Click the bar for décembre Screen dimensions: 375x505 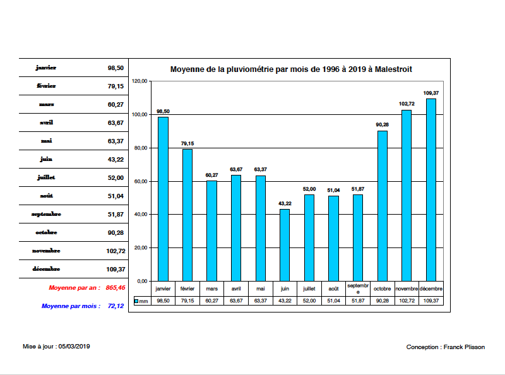point(431,189)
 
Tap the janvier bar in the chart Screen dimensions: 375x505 point(163,199)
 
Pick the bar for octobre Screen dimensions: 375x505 point(383,206)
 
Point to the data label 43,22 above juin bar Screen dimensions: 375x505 point(285,203)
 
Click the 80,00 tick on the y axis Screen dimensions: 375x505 point(139,148)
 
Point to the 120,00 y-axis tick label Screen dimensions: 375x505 point(139,81)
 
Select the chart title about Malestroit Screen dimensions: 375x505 point(291,69)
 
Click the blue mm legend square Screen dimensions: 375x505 point(136,301)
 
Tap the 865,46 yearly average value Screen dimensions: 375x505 point(116,288)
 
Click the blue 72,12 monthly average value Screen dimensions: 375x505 point(116,306)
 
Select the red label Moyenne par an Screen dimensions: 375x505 point(74,288)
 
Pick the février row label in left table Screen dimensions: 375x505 point(47,86)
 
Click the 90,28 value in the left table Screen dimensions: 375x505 point(116,232)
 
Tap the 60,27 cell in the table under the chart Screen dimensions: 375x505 point(211,301)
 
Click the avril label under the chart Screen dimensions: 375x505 point(236,289)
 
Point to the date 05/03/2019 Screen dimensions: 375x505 point(74,346)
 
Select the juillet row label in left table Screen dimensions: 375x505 point(47,177)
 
